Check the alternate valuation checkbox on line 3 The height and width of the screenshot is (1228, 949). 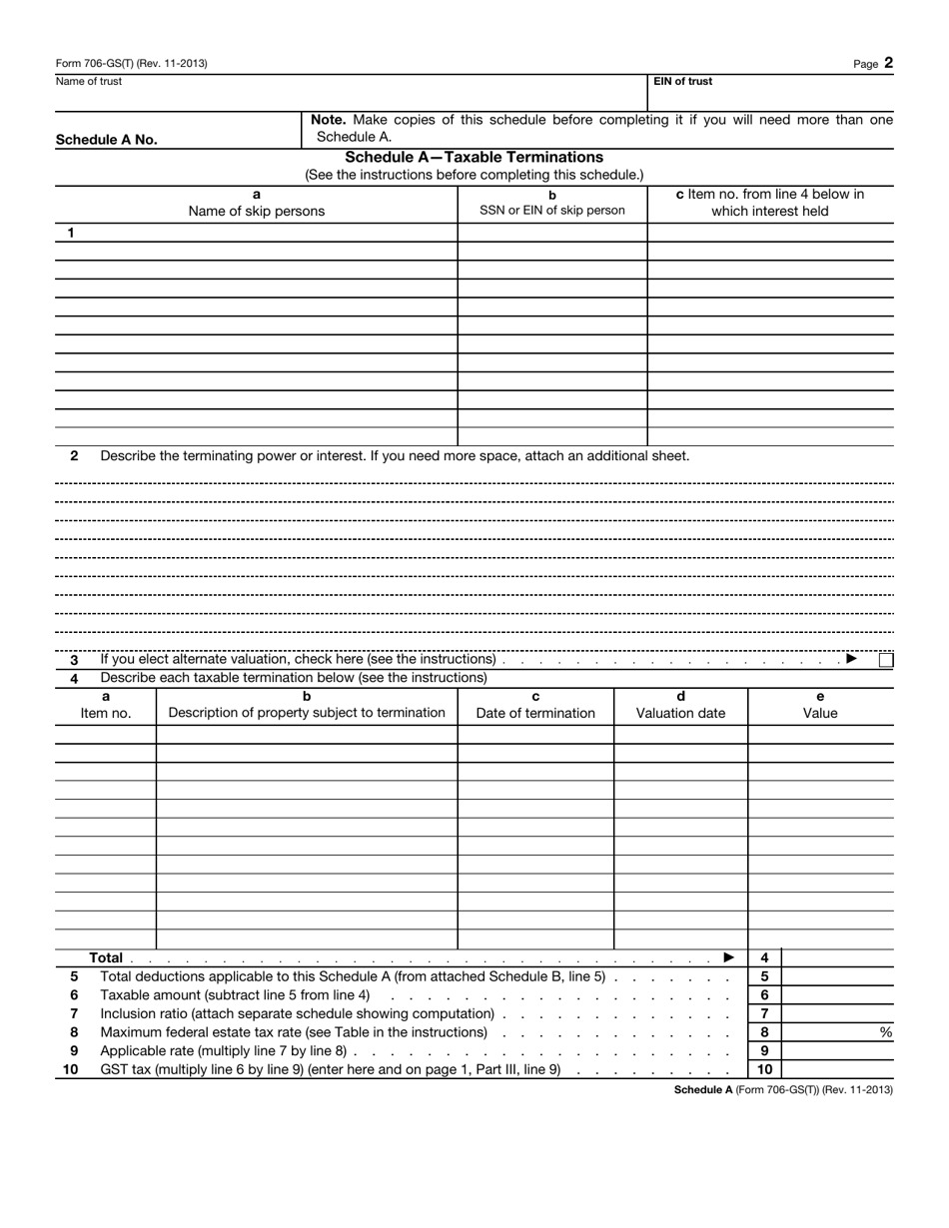coord(886,659)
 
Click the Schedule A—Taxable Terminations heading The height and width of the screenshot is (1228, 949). coord(474,157)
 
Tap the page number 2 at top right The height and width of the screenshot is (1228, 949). coord(888,63)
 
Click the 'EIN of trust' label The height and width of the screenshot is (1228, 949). coord(683,82)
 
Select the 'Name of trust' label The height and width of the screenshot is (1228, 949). coord(89,82)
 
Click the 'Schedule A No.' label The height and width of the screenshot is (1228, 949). coord(106,140)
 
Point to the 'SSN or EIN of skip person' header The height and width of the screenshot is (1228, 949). coord(552,210)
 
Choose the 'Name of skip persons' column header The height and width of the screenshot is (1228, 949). coord(257,211)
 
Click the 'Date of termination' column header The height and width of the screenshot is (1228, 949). coord(535,713)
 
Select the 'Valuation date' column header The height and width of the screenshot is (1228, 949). coord(680,713)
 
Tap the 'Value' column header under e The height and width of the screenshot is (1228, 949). coord(820,713)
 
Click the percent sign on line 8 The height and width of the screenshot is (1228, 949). coord(885,1032)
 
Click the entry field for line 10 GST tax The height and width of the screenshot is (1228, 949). coord(836,1069)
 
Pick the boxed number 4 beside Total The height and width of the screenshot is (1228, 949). coord(764,957)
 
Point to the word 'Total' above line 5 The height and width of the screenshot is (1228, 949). coord(106,957)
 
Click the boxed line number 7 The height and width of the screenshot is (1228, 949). coord(764,1013)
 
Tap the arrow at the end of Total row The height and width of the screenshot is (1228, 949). coord(729,957)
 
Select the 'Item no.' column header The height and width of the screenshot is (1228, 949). coord(106,713)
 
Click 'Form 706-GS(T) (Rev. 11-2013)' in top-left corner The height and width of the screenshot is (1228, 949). coord(132,63)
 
